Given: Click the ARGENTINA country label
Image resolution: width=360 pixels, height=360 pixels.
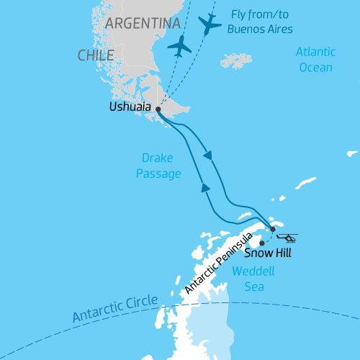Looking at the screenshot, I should point(142,24).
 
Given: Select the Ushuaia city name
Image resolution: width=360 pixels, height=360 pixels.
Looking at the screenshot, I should point(130,107).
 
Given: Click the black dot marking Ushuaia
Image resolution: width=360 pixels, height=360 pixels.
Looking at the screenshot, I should point(158,109).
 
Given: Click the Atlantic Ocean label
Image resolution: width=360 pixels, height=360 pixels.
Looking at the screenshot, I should point(315,60).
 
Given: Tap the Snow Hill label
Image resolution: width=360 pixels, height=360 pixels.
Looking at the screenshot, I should point(268,253).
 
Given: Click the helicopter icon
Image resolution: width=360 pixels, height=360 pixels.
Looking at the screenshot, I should point(286,238).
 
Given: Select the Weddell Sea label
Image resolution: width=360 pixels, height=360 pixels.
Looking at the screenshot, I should point(248,279).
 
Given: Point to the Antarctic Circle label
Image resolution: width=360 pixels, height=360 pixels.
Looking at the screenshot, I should point(113,312).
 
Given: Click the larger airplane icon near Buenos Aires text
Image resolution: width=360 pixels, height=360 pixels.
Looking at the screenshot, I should point(210,24).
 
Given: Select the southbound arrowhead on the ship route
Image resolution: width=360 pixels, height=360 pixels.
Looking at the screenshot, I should point(207,155).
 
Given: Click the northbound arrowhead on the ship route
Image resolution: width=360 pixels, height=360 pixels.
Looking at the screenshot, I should point(205,187).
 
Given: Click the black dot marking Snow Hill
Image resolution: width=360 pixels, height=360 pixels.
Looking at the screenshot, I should point(261,243).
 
